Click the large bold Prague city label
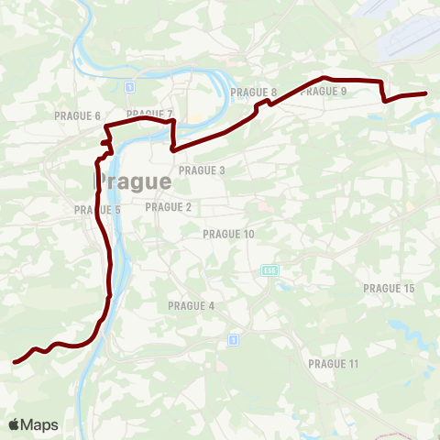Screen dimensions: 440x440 134,181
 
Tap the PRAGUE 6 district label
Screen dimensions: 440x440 77,116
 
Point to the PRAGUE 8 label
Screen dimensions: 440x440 254,93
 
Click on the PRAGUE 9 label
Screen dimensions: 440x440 324,91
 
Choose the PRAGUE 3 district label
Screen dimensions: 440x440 202,170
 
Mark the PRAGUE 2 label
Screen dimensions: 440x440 169,207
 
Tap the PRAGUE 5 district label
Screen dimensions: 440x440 98,210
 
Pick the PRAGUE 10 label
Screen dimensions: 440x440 228,235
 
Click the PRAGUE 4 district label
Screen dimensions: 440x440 191,305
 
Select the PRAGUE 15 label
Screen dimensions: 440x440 389,289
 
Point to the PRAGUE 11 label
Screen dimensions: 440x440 334,364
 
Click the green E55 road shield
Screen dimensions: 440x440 269,270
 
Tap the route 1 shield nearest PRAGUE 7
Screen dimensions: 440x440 130,87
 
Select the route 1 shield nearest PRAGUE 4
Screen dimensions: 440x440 234,339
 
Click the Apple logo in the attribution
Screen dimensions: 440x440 15,424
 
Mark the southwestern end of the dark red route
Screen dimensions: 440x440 14,362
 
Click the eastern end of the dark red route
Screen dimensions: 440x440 426,93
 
